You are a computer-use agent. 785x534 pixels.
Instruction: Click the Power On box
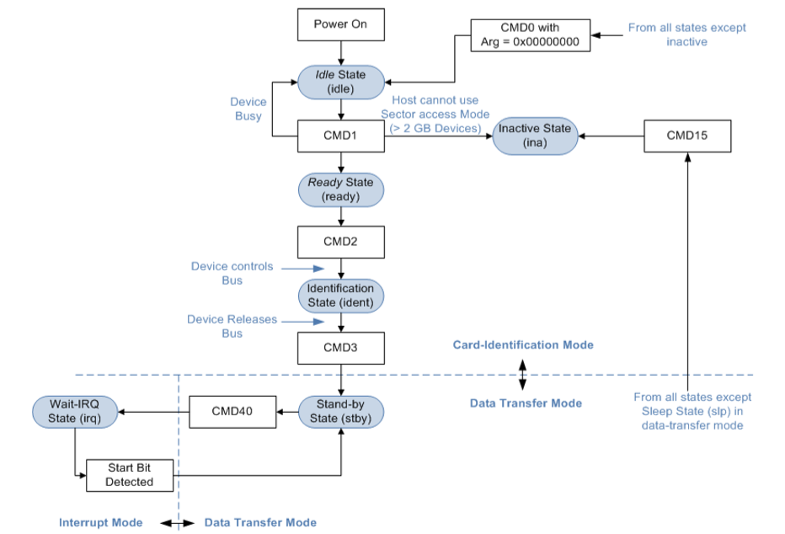pos(341,24)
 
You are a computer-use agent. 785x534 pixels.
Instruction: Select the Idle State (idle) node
pos(341,82)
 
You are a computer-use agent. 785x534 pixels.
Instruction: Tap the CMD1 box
pos(341,136)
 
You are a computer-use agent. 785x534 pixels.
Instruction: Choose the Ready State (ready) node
pos(341,190)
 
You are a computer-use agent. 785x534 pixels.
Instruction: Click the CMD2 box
pos(341,242)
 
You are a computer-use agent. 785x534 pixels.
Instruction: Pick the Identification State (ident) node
pos(341,296)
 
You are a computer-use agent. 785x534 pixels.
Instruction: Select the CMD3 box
pos(341,348)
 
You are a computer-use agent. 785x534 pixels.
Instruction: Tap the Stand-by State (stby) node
pos(341,412)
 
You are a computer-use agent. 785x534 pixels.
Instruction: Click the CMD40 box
pos(232,412)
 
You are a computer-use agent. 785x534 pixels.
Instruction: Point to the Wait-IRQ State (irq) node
pos(75,412)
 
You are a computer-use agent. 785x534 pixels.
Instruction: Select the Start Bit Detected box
pos(130,475)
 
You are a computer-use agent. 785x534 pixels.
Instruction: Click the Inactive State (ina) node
pos(535,136)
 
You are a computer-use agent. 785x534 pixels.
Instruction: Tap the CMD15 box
pos(687,136)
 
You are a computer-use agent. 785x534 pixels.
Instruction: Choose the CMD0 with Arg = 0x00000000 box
pos(530,35)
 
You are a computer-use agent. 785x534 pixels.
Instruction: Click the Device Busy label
pos(248,109)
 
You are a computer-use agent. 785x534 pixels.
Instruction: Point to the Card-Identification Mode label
pos(523,344)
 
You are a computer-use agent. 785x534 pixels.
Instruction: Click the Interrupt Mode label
pos(100,522)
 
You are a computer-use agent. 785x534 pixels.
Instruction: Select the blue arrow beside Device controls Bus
pos(303,269)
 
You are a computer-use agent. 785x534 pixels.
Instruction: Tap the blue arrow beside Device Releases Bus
pos(303,321)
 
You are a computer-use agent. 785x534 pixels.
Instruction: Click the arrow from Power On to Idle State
pos(341,53)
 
